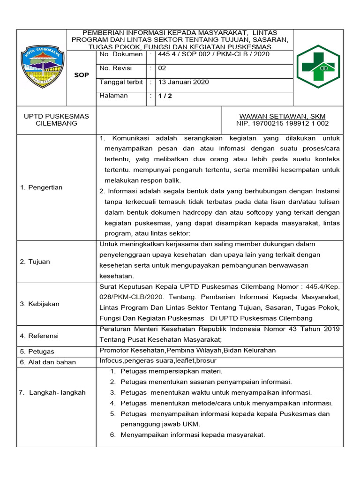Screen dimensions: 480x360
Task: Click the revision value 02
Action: point(163,68)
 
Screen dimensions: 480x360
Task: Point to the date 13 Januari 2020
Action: point(183,82)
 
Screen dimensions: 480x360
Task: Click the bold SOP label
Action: point(82,75)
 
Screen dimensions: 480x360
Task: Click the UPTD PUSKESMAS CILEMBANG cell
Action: point(56,120)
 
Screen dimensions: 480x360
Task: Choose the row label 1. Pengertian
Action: point(41,187)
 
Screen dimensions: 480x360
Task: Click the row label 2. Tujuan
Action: point(35,262)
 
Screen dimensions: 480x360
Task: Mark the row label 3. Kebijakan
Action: point(39,304)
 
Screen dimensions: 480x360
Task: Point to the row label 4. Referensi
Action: point(39,336)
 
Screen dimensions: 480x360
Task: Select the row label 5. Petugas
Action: point(37,351)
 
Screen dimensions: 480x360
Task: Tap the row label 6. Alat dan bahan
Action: point(48,362)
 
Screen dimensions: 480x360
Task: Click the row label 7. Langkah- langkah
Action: point(52,392)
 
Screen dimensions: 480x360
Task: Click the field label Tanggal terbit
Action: point(121,82)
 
